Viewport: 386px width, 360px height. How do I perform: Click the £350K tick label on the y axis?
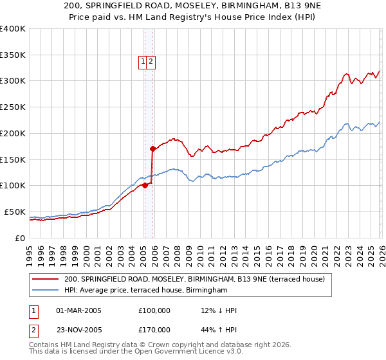[13, 55]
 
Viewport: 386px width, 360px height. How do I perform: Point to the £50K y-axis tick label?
[15, 212]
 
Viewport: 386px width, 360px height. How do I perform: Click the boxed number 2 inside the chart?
[150, 62]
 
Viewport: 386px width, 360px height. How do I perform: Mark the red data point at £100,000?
[145, 186]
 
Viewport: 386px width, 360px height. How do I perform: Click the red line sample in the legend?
[46, 279]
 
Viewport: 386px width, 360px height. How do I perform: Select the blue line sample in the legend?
[46, 291]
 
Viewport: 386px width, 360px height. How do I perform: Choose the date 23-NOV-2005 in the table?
[78, 330]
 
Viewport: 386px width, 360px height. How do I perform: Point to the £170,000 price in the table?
[154, 330]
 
